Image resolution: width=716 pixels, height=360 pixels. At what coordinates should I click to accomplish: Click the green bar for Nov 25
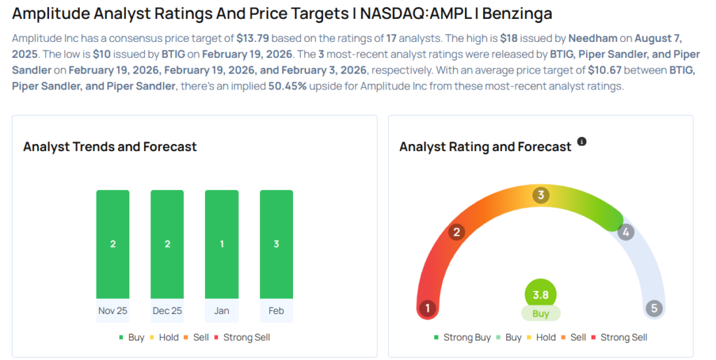(113, 244)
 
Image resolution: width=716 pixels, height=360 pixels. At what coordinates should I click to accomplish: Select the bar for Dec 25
(167, 244)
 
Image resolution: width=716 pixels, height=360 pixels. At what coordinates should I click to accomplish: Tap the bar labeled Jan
(221, 244)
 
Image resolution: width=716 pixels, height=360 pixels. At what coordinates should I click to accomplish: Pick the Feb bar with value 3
(276, 244)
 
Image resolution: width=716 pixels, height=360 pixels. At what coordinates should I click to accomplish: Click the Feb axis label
(276, 310)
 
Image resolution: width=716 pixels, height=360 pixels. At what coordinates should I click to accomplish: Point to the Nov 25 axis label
(113, 310)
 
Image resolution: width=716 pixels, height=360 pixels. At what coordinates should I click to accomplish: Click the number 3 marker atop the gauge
(540, 195)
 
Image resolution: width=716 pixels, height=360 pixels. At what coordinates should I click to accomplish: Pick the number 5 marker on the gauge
(654, 308)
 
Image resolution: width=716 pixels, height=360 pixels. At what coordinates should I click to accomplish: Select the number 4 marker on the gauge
(626, 232)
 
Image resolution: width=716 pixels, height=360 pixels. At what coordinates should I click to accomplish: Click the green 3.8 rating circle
(540, 295)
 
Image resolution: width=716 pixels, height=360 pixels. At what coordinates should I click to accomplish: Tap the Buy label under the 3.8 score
(540, 314)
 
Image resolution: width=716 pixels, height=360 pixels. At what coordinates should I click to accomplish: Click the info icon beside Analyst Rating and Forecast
(582, 142)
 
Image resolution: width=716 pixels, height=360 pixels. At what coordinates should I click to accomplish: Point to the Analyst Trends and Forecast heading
(110, 147)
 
